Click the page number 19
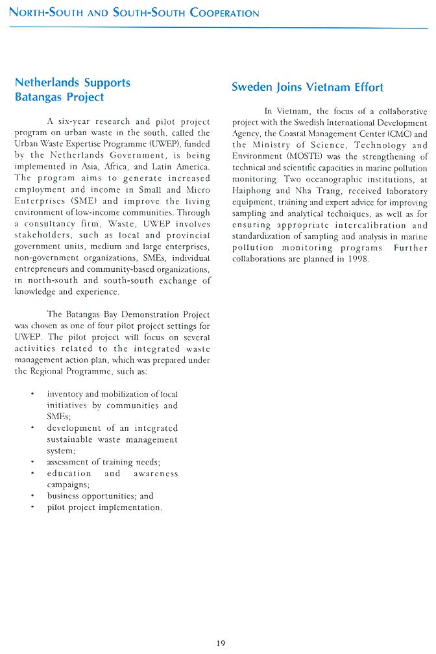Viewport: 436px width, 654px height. [x=220, y=643]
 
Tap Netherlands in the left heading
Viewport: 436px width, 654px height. [x=46, y=83]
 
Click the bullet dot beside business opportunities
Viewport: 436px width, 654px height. [x=32, y=496]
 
